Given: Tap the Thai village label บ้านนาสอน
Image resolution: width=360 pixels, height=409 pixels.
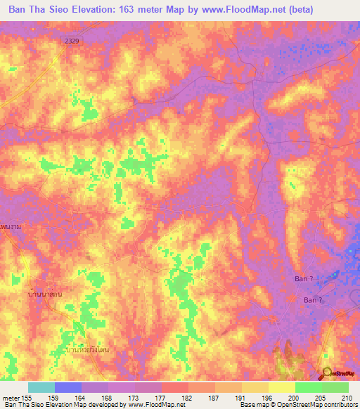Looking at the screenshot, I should pos(45,294).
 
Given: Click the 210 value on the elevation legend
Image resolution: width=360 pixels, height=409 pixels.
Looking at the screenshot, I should pos(347,398).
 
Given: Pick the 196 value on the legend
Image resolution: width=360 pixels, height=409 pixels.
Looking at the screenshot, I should pos(266,398).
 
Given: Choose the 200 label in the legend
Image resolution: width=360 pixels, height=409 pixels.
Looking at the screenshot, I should pos(293,398).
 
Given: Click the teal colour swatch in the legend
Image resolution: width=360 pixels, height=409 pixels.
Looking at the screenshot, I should pos(41,387).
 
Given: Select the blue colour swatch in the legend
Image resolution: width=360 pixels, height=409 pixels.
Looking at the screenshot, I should pos(68,387).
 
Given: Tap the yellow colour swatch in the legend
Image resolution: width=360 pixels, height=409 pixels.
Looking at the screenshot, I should pos(281,387).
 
